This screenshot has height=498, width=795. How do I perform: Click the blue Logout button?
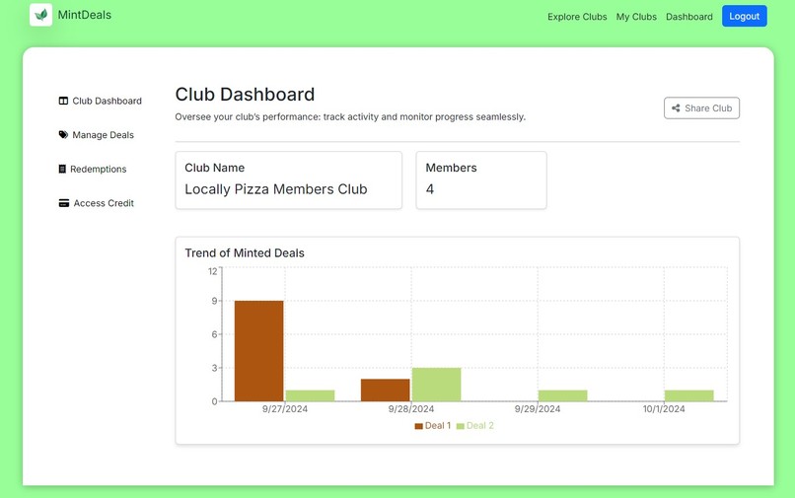tap(744, 16)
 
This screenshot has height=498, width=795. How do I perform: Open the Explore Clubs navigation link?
tap(577, 17)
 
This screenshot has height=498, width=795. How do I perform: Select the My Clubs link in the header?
tap(636, 17)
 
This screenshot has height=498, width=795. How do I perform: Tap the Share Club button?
tap(701, 107)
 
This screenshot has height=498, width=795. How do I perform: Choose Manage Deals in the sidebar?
tap(103, 135)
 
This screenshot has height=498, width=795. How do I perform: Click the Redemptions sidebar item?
tap(98, 169)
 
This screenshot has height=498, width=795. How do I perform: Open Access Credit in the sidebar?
tap(103, 203)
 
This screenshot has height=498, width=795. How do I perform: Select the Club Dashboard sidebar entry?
tap(107, 101)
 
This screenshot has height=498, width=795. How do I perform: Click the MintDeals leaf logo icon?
tap(40, 15)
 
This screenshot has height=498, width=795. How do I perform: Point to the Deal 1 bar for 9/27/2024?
tap(258, 351)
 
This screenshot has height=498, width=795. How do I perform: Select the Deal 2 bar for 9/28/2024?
tap(436, 385)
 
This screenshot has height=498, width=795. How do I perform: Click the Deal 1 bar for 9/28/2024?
tap(385, 391)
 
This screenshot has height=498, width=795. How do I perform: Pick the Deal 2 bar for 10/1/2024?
tap(688, 396)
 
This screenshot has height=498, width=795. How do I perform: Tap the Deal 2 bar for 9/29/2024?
tap(562, 396)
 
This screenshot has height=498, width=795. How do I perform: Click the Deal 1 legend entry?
tap(433, 426)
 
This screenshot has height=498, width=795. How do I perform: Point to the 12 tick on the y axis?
tap(212, 271)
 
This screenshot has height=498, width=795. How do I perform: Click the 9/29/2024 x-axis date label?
tap(537, 409)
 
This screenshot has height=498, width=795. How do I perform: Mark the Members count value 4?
tap(430, 189)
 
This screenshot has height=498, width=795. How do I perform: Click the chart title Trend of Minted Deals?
tap(245, 253)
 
